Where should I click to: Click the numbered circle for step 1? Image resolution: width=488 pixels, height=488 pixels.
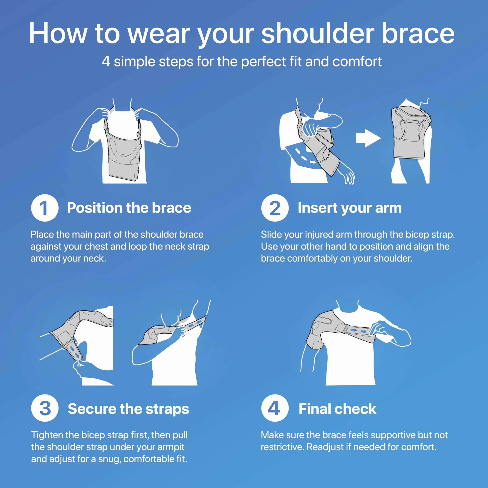point(45,208)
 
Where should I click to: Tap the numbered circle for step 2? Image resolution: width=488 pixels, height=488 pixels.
point(275,208)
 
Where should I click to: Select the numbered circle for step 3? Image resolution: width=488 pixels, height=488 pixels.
point(45,408)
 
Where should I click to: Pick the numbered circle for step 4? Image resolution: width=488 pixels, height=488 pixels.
point(275,408)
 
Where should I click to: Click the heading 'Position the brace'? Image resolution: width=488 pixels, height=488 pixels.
point(129,208)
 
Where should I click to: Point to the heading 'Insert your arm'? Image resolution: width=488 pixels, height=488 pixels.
point(350,208)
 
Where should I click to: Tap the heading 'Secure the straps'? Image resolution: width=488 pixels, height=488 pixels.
point(128,409)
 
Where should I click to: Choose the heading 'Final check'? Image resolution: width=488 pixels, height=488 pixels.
point(338,408)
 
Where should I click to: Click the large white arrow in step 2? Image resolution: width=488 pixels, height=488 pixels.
point(368,138)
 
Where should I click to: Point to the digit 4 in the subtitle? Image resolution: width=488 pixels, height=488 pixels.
point(106,61)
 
